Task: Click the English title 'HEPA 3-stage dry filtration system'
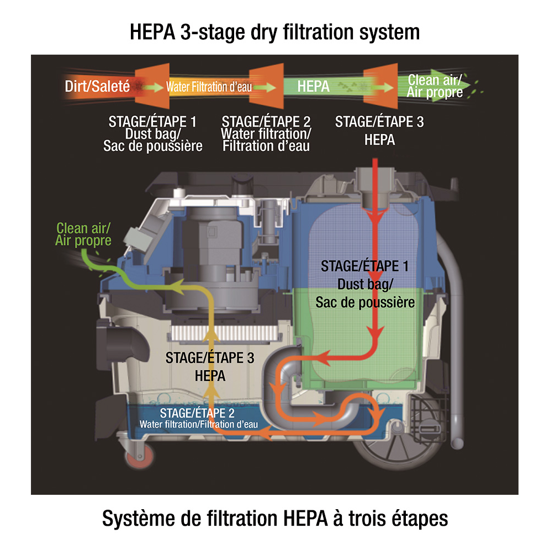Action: pyautogui.click(x=274, y=31)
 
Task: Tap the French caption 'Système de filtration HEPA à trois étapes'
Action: pyautogui.click(x=274, y=519)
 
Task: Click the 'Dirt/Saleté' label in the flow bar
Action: pyautogui.click(x=97, y=86)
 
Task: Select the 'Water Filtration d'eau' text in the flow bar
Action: pyautogui.click(x=209, y=87)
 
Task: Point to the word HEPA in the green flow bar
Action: pyautogui.click(x=313, y=87)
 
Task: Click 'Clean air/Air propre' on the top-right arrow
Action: pyautogui.click(x=435, y=86)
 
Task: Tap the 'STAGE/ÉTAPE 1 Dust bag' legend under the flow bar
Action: pyautogui.click(x=152, y=134)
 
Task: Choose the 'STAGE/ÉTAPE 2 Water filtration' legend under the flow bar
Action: pyautogui.click(x=266, y=134)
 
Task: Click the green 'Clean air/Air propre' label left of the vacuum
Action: pyautogui.click(x=83, y=234)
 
